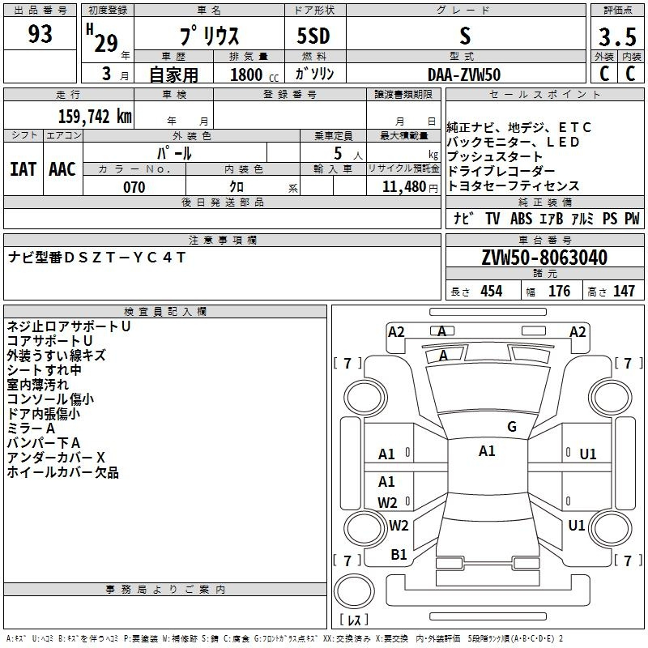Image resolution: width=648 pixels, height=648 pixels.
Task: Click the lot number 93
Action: click(40, 34)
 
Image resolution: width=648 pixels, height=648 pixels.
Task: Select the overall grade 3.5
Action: click(617, 36)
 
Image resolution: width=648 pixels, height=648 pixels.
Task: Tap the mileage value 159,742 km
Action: click(95, 117)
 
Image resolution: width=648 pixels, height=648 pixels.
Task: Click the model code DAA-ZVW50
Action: click(464, 75)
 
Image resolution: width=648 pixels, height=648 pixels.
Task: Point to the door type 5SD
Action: click(313, 36)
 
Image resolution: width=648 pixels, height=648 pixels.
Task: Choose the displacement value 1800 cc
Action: click(254, 75)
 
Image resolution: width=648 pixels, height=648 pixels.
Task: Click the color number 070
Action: click(134, 187)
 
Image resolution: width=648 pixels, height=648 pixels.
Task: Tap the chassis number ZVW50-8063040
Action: click(544, 258)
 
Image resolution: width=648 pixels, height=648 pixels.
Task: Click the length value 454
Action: click(492, 291)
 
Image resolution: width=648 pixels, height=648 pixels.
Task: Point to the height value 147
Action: click(624, 291)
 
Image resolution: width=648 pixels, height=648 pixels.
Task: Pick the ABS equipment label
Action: click(521, 219)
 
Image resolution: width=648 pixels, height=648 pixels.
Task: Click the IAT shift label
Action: click(23, 169)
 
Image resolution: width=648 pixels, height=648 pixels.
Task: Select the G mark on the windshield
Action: click(512, 427)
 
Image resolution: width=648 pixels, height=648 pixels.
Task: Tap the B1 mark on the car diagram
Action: click(399, 555)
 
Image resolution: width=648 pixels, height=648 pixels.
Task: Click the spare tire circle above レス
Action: click(354, 591)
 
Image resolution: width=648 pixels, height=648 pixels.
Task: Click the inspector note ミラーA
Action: click(31, 428)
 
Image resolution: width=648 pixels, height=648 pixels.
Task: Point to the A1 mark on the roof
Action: click(487, 451)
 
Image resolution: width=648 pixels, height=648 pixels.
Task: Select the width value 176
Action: click(559, 291)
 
